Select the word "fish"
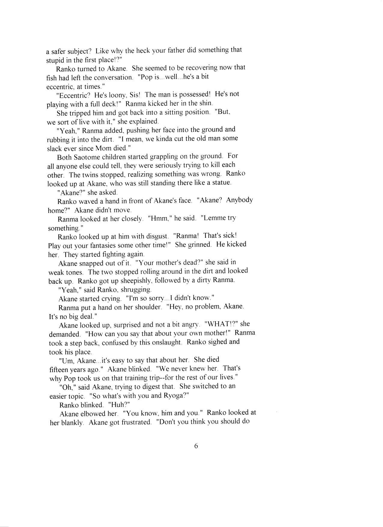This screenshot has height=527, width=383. pyautogui.click(x=51, y=77)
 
